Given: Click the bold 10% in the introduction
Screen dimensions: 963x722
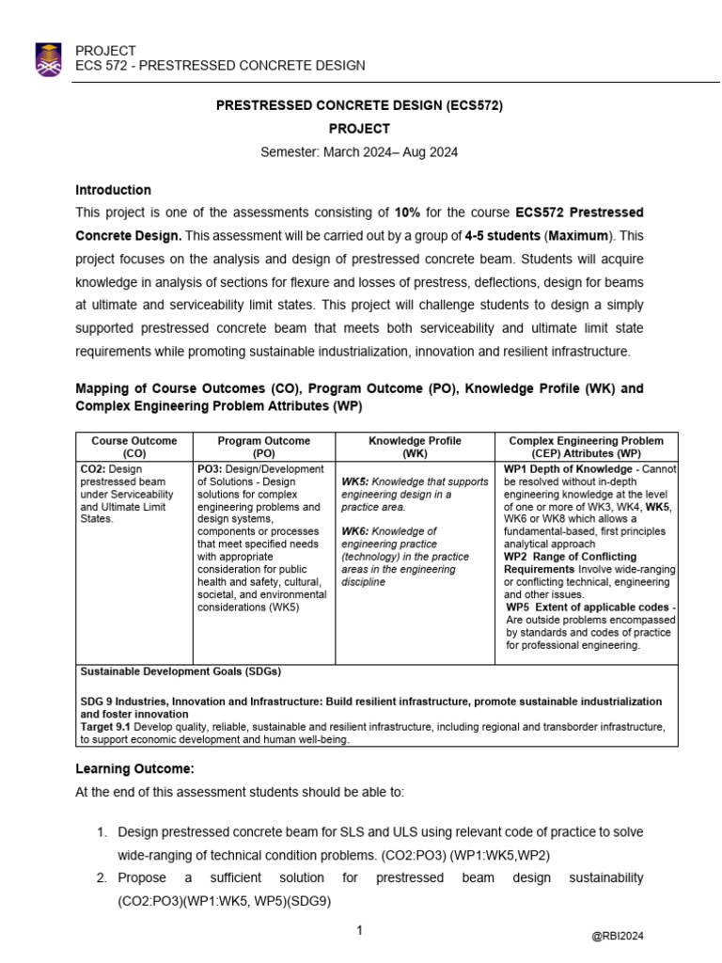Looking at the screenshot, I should (x=409, y=213).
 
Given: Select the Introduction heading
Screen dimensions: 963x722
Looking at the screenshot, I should (x=113, y=190).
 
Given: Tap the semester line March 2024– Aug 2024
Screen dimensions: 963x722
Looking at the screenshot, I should (x=360, y=152).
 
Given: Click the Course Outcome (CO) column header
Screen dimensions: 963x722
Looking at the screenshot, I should (x=133, y=447).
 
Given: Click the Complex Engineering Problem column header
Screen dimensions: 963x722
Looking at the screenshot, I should (x=586, y=447).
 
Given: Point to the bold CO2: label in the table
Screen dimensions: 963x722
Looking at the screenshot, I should (x=101, y=468).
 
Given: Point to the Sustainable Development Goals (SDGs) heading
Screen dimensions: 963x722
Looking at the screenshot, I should (x=180, y=671).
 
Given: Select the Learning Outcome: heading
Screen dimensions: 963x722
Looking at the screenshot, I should (x=134, y=768).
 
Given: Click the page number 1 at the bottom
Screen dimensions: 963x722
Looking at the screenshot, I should (x=359, y=931).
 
